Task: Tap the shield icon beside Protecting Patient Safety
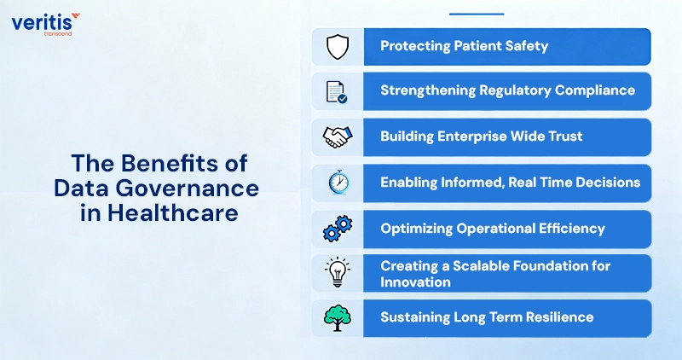(337, 46)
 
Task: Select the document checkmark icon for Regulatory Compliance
(337, 91)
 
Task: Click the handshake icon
(337, 136)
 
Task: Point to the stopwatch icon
(337, 183)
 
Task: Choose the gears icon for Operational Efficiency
(337, 229)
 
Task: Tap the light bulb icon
(337, 273)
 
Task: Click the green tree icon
(337, 317)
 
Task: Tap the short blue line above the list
(476, 14)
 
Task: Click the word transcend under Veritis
(59, 33)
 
